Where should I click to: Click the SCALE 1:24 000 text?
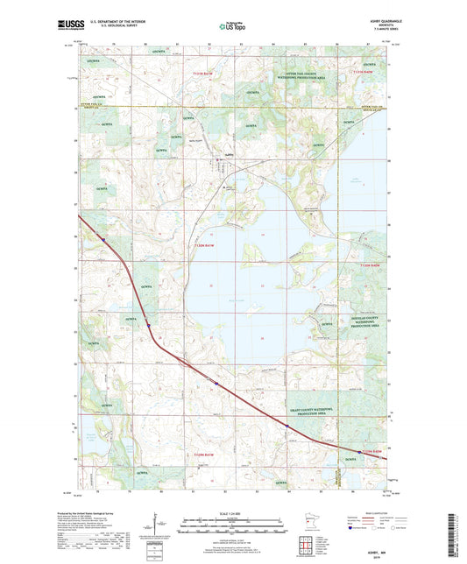pyautogui.click(x=233, y=513)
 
